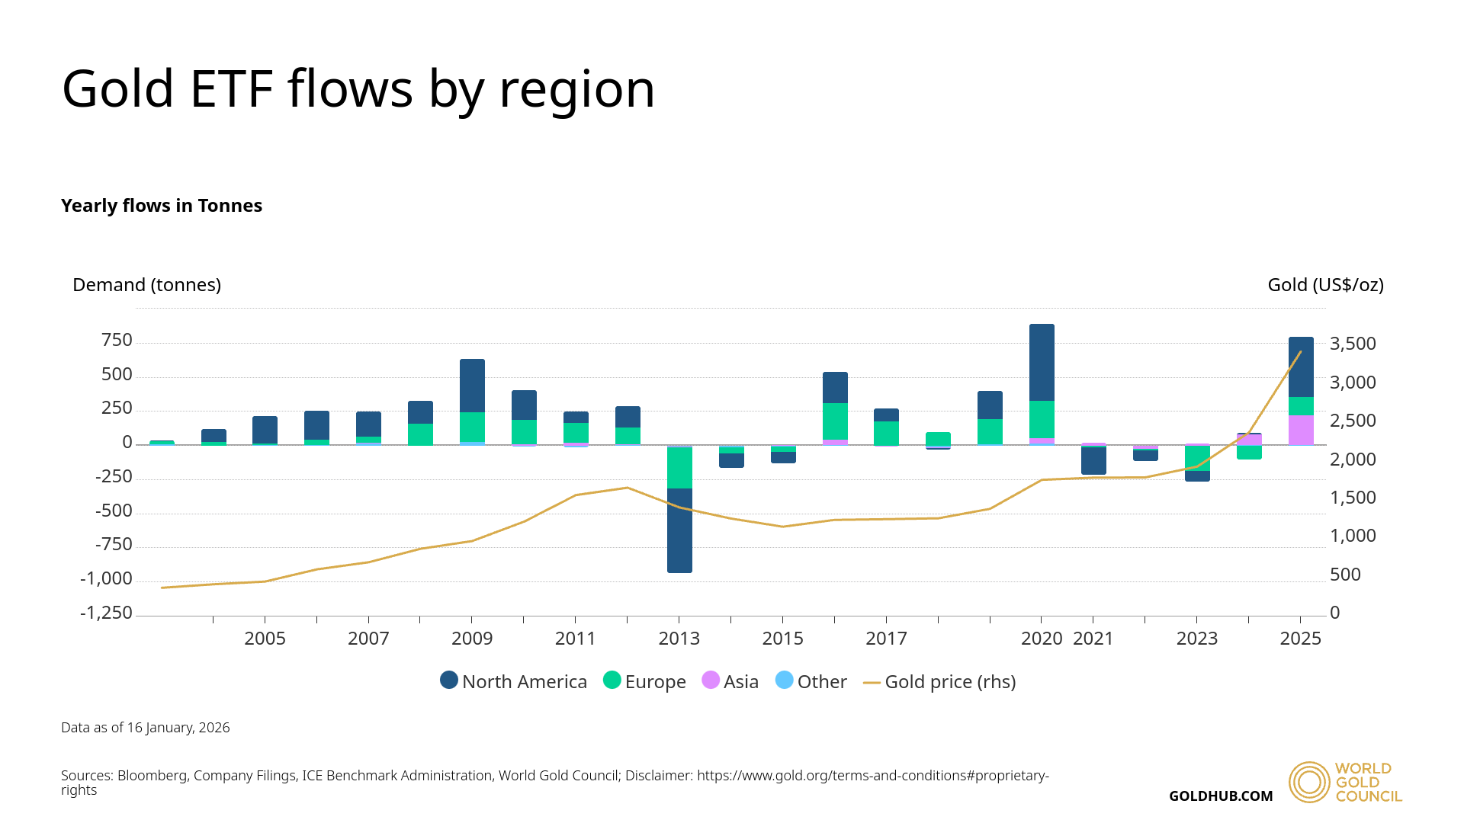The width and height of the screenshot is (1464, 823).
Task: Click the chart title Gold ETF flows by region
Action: pyautogui.click(x=358, y=89)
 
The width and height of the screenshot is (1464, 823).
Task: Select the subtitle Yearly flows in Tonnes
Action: pyautogui.click(x=162, y=206)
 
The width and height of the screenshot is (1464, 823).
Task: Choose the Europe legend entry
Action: pyautogui.click(x=645, y=681)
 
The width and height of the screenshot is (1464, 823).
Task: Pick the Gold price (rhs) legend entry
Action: pyautogui.click(x=939, y=681)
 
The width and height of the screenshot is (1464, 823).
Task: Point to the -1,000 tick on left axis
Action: pyautogui.click(x=106, y=578)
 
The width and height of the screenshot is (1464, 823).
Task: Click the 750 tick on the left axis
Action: pyautogui.click(x=117, y=340)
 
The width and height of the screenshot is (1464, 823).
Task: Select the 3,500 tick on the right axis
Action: pyautogui.click(x=1353, y=344)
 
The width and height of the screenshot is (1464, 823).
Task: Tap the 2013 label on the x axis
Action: pyautogui.click(x=679, y=639)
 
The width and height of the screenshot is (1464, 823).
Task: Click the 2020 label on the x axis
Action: pyautogui.click(x=1042, y=639)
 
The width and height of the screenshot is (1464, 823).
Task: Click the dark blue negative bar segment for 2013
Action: pyautogui.click(x=679, y=530)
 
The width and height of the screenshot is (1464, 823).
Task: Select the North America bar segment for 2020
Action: pyautogui.click(x=1042, y=362)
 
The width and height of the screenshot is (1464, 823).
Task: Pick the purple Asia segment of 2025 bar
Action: pyautogui.click(x=1301, y=430)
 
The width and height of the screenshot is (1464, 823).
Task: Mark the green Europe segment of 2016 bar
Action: pyautogui.click(x=835, y=421)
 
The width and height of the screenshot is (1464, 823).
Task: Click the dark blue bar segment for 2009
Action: pyautogui.click(x=472, y=386)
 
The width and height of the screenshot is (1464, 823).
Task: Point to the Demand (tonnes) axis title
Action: pyautogui.click(x=146, y=285)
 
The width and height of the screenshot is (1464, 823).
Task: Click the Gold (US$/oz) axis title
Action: pyautogui.click(x=1325, y=285)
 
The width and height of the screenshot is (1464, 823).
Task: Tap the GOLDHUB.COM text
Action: pyautogui.click(x=1221, y=796)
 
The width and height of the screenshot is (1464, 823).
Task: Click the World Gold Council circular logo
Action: pyautogui.click(x=1309, y=782)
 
